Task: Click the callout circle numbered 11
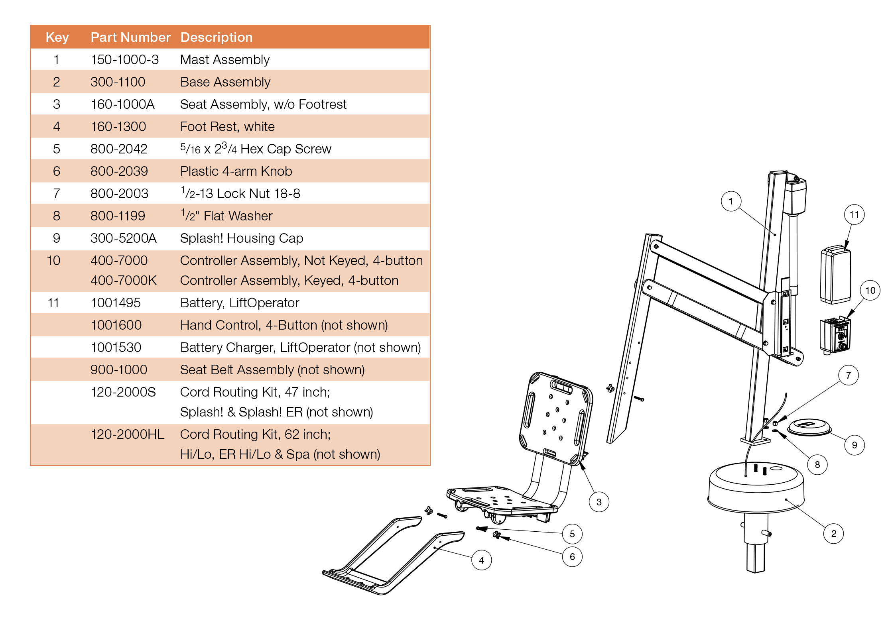click(x=854, y=215)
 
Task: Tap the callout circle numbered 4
click(x=481, y=560)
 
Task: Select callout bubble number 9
click(x=854, y=445)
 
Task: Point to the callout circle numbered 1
click(x=731, y=201)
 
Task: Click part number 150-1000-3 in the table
click(x=124, y=60)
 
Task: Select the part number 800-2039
click(x=119, y=171)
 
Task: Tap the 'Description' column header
click(x=216, y=37)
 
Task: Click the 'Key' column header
click(x=57, y=37)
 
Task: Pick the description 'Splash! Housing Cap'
click(x=242, y=238)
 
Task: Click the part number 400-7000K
click(x=124, y=281)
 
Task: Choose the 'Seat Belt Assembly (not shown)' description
click(x=272, y=370)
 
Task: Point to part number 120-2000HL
click(x=127, y=434)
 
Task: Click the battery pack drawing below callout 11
click(x=835, y=275)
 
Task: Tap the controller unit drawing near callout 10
click(x=835, y=335)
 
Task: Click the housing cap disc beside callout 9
click(x=809, y=427)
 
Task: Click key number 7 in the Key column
click(x=57, y=194)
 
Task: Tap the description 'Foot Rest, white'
click(x=227, y=127)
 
